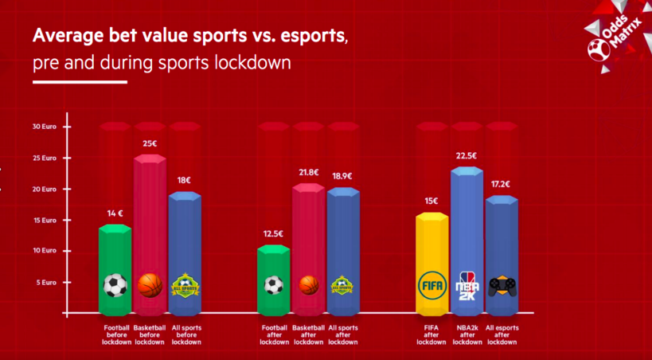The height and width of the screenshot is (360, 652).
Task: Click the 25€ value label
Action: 150,143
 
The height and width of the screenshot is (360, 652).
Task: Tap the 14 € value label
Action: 115,213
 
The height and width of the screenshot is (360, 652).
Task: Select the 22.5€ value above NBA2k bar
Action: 467,156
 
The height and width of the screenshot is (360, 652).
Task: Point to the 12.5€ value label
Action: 273,233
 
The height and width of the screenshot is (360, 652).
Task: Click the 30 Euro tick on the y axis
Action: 44,127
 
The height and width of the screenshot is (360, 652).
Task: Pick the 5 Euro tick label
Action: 45,282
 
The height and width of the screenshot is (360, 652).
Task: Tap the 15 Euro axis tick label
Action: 45,220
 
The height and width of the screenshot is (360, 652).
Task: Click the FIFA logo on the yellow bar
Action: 431,284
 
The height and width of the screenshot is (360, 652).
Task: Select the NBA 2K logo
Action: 467,284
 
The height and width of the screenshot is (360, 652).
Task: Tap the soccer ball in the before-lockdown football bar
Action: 115,285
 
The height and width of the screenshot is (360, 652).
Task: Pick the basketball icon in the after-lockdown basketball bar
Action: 308,284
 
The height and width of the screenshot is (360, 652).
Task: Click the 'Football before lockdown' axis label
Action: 116,335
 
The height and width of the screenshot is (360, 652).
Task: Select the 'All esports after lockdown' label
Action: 502,335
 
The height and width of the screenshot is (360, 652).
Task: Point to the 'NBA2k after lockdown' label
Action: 467,335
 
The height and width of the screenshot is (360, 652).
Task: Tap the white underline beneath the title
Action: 80,81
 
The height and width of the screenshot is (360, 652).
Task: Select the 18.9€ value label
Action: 343,176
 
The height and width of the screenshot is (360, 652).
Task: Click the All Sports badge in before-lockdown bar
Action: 185,284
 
